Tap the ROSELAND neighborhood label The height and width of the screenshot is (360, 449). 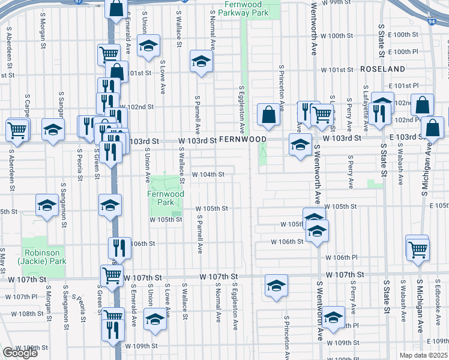pos(383,70)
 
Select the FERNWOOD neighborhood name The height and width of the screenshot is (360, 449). pos(243,139)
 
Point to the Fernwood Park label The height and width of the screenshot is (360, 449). pos(161,199)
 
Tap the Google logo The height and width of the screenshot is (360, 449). pos(20,353)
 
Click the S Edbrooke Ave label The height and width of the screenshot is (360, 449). pos(438,302)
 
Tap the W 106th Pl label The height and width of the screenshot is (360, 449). pos(342,257)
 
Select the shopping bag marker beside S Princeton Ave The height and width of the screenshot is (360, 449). pos(267,115)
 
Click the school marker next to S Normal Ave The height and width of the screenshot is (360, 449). pos(201,61)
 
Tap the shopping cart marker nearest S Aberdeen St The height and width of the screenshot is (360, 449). pos(17,129)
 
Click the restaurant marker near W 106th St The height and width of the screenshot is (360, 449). pos(119,247)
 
